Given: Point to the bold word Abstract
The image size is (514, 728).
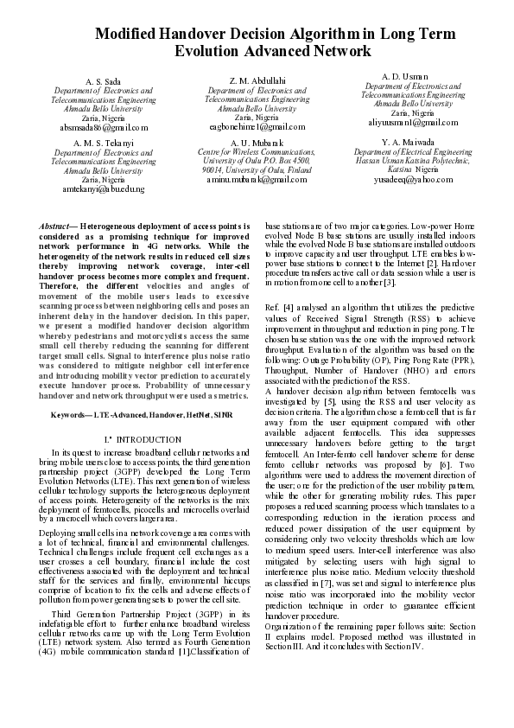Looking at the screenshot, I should [58, 226].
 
